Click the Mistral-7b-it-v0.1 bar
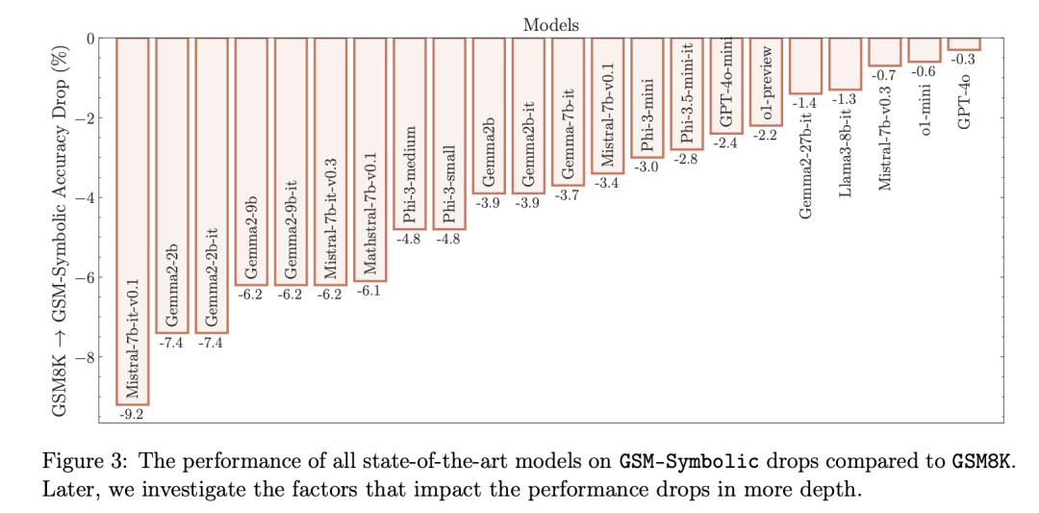(x=132, y=221)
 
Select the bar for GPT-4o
(x=963, y=43)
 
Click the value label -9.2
(x=131, y=414)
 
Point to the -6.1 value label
(x=369, y=291)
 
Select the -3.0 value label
(x=646, y=167)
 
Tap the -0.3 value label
(x=963, y=60)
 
